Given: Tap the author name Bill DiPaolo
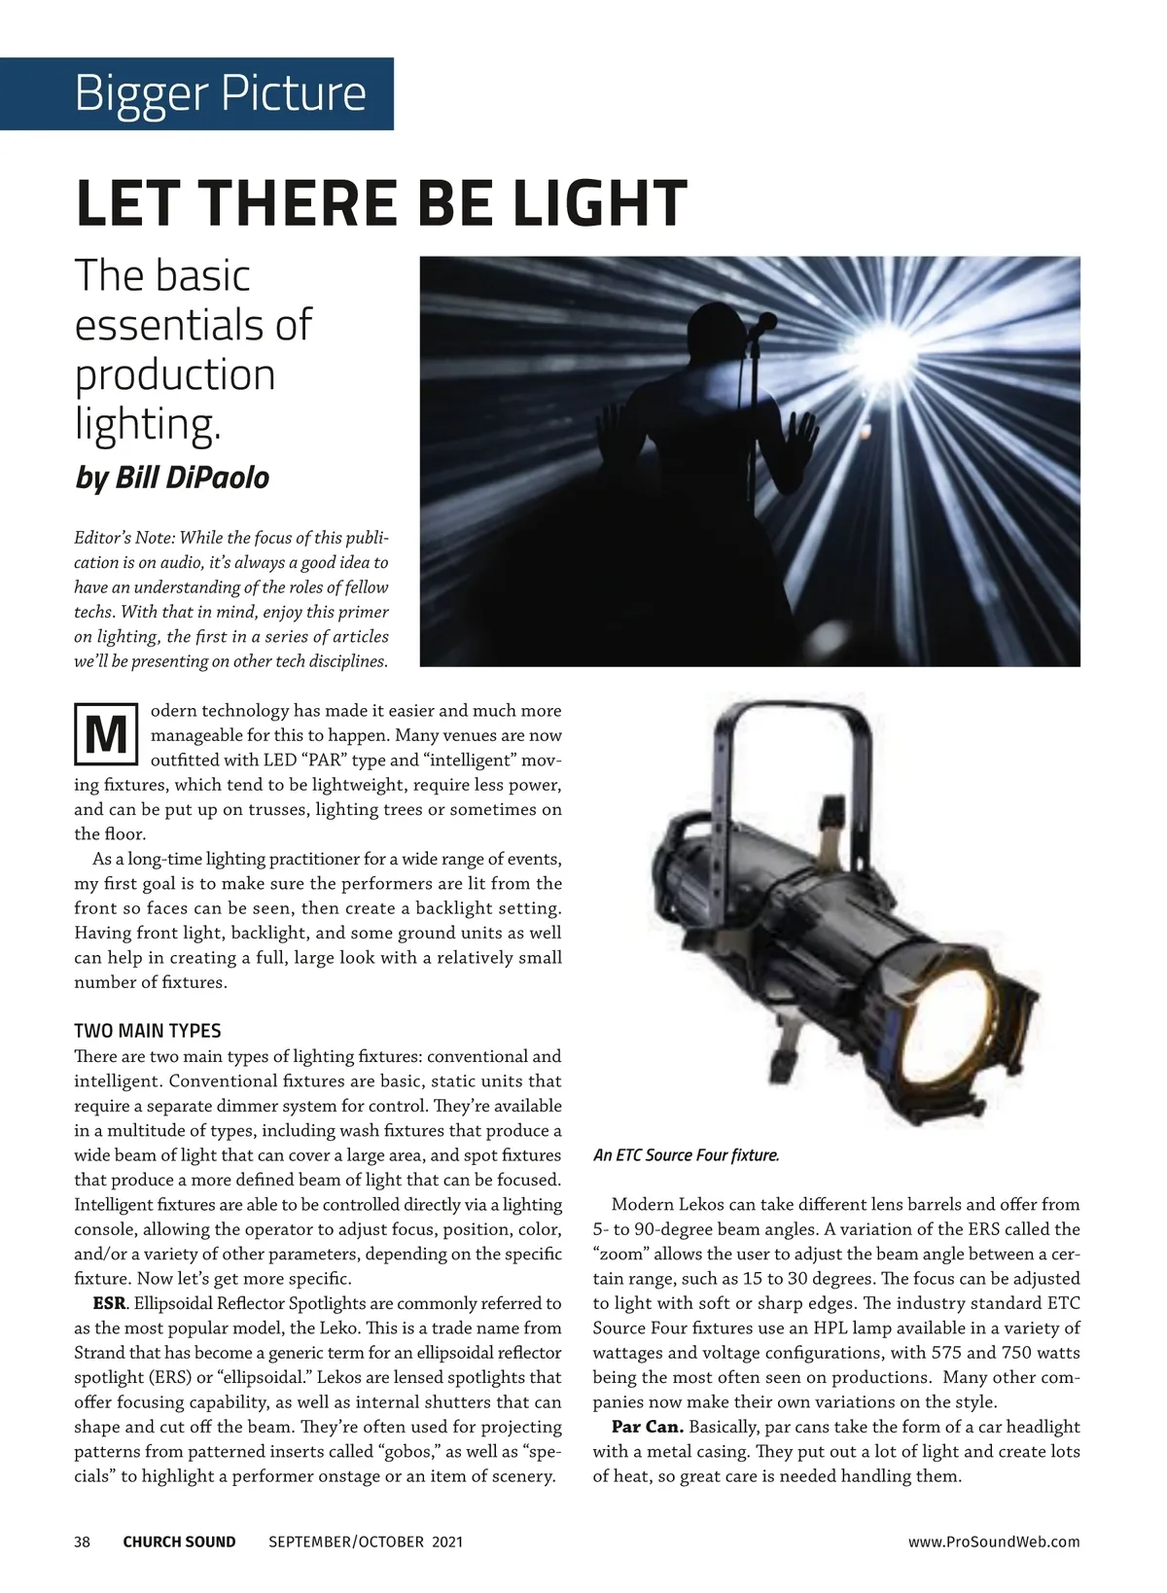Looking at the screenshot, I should click(192, 478).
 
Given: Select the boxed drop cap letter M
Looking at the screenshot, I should click(106, 735).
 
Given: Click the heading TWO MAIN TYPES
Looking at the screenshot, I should click(147, 1031).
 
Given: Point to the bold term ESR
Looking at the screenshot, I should click(109, 1303).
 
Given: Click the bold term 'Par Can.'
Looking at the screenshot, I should click(648, 1427).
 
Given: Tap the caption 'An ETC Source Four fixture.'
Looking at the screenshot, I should click(686, 1155).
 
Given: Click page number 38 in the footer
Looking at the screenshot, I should click(83, 1541).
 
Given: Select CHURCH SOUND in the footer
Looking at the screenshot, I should click(179, 1541).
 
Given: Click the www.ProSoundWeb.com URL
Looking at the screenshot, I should click(994, 1541).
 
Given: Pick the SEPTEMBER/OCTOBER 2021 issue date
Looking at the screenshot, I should click(365, 1541).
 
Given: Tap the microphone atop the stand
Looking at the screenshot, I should click(765, 321).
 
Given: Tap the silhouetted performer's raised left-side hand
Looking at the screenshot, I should click(611, 428).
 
